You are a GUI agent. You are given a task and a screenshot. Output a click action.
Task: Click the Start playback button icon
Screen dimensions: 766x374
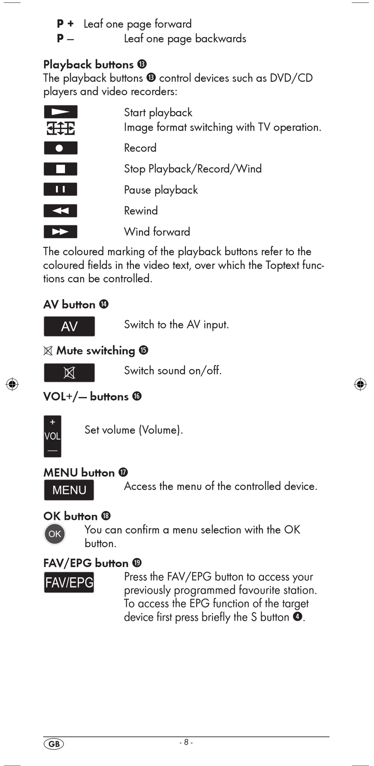60,112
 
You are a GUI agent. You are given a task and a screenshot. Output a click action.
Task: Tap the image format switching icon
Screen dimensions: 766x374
60,128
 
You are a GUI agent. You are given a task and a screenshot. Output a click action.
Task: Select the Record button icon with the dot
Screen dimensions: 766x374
60,148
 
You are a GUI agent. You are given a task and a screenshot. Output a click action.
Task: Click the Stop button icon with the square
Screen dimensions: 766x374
60,169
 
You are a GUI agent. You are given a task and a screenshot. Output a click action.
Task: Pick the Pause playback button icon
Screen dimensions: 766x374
60,189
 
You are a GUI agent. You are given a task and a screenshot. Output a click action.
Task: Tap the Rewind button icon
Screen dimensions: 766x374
60,211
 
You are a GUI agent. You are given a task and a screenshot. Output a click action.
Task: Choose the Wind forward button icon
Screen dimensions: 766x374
60,232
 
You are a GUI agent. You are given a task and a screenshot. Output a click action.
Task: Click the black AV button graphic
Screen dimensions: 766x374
69,326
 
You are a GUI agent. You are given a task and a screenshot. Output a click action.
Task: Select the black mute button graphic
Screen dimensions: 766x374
69,373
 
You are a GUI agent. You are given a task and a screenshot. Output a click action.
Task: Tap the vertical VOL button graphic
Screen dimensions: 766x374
52,436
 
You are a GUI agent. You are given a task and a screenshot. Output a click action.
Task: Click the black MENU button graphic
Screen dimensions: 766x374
69,490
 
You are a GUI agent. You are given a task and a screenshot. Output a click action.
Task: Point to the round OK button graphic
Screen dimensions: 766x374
55,534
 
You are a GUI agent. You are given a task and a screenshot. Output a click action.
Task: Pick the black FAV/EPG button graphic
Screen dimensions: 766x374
69,582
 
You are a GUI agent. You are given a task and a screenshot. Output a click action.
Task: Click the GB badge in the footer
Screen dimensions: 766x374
54,744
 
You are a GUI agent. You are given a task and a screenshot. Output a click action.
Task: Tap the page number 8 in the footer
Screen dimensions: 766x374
186,742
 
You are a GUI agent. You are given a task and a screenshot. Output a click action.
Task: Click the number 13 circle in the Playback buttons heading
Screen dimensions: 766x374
142,64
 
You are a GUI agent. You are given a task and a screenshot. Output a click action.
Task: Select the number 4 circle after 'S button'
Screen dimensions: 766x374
298,616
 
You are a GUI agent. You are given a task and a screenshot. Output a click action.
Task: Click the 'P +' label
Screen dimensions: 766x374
65,24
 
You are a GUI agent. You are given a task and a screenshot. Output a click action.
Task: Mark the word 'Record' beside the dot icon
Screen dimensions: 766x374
140,148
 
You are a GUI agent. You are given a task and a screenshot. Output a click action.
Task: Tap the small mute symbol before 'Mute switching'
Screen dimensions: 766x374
48,351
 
